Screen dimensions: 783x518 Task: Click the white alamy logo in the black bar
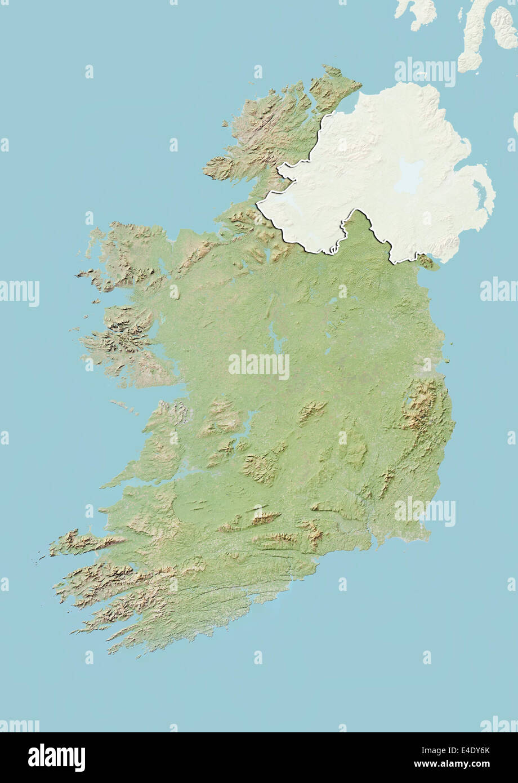pos(56,758)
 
